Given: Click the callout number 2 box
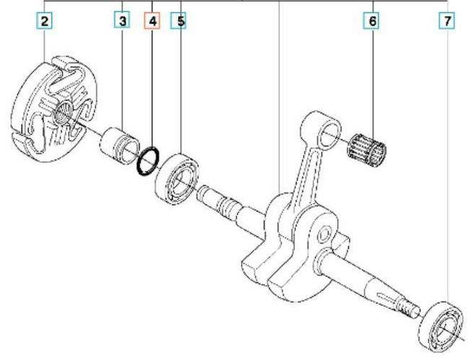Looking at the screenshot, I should [45, 22].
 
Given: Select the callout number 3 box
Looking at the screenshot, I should [123, 22].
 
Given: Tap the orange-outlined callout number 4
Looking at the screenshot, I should [152, 22].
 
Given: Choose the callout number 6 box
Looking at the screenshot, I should [372, 22].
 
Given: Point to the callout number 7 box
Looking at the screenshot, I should [448, 22].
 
